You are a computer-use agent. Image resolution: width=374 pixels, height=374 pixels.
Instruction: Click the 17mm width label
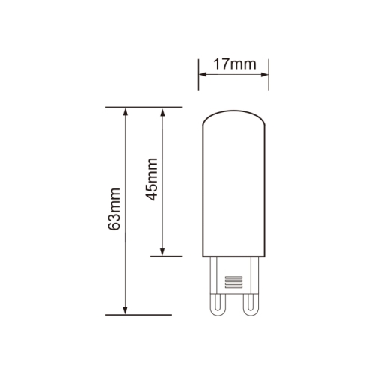[233, 64]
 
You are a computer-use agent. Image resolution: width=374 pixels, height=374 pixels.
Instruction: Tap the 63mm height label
[114, 211]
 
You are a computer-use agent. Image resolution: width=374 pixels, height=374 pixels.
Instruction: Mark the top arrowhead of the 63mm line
[126, 112]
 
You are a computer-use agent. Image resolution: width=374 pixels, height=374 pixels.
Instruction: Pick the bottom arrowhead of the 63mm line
[126, 310]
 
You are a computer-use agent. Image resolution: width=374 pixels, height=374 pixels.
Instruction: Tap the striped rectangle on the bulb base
[233, 283]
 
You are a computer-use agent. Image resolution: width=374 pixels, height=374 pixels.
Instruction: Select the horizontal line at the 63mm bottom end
[142, 315]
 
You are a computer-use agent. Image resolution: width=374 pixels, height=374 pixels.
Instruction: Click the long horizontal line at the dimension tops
[142, 107]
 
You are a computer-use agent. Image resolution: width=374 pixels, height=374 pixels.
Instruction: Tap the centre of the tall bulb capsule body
[233, 183]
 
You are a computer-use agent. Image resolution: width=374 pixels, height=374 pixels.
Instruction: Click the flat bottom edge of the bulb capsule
[233, 256]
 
